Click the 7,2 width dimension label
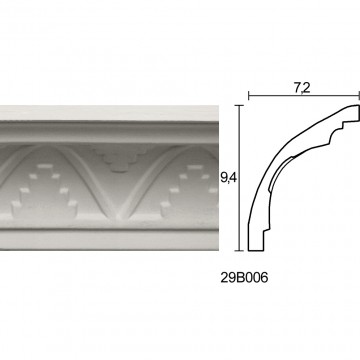(x=302, y=88)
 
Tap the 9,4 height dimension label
(x=228, y=178)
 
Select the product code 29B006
(x=244, y=278)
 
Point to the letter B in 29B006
(x=240, y=278)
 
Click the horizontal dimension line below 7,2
(x=304, y=96)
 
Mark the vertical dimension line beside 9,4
(x=239, y=178)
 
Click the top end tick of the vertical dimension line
(x=239, y=105)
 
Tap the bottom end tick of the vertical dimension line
(x=239, y=250)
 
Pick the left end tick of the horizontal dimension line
(x=249, y=96)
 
